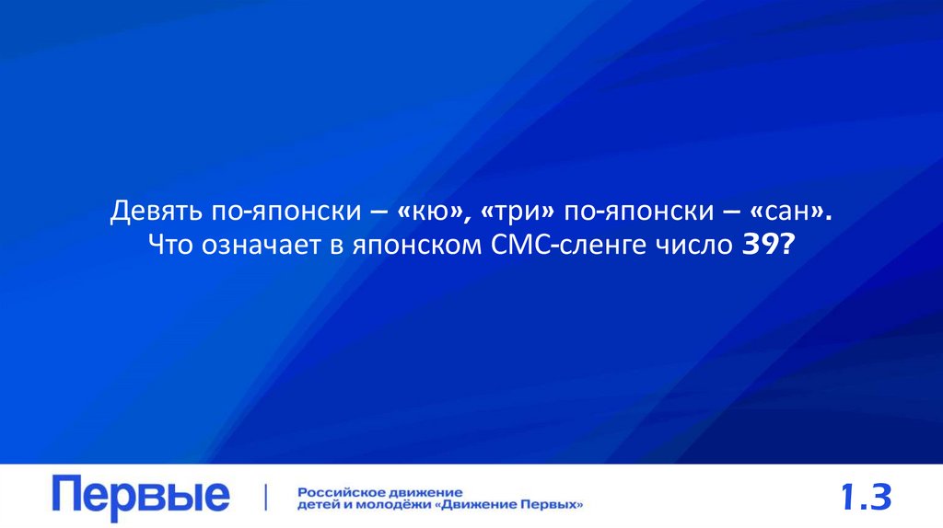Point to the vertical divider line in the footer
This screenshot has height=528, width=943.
266,497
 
